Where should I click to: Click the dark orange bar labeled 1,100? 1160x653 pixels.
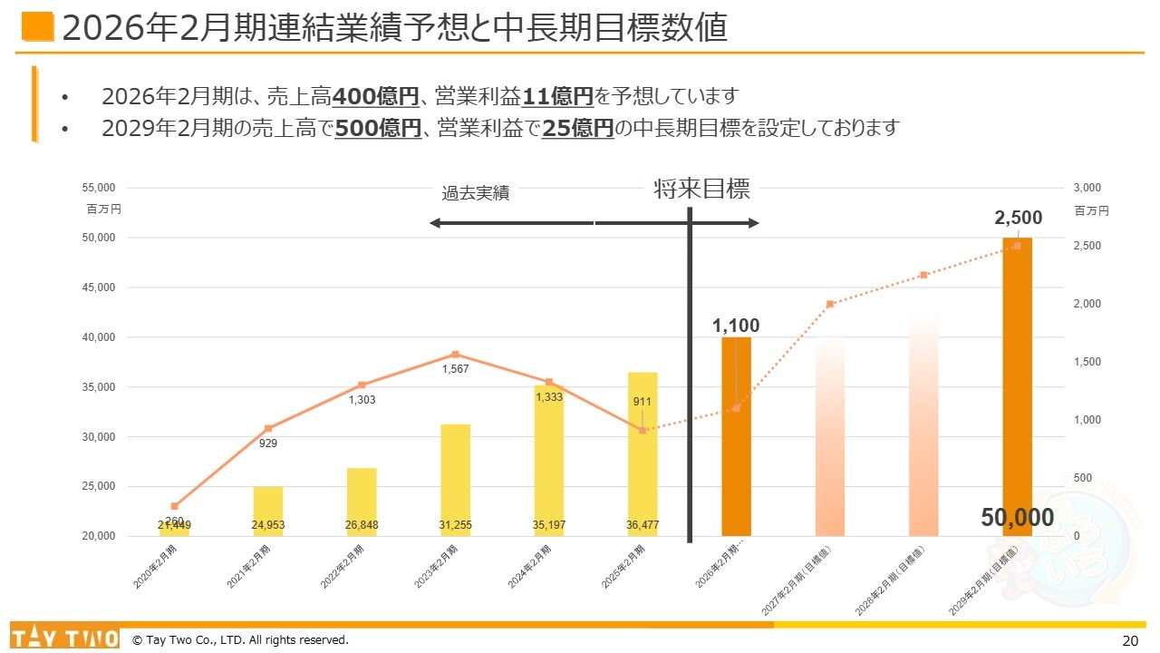point(736,453)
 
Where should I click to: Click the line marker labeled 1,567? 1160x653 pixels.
point(455,355)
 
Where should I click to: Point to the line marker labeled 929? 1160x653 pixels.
point(268,428)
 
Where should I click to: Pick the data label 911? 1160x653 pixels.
point(643,402)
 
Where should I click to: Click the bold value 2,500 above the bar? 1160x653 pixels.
point(1018,218)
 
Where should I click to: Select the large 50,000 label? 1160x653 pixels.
point(1018,518)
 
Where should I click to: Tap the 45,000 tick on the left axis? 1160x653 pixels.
point(98,288)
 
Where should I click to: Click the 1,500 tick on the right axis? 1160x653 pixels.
point(1087,362)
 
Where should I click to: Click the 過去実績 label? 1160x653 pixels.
point(475,193)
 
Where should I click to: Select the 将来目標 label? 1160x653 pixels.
point(701,190)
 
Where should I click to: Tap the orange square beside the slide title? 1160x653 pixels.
point(37,27)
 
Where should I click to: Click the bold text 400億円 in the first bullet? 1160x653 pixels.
point(375,96)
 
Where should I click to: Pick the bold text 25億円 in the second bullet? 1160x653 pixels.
point(577,128)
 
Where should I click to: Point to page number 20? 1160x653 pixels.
point(1129,640)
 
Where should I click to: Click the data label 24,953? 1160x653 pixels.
point(268,525)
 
